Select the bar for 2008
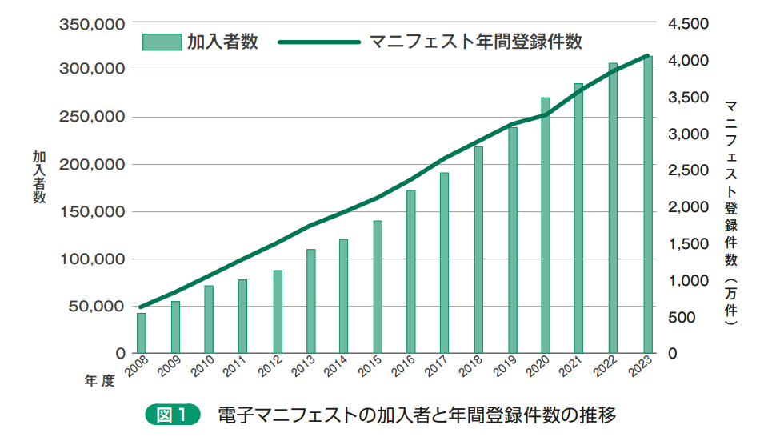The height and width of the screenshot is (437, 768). tap(141, 333)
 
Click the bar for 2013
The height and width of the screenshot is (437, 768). tap(311, 301)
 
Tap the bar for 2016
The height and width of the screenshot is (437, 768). tap(411, 272)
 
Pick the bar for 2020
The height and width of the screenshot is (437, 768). tap(546, 226)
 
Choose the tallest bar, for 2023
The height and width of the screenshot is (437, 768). tap(648, 205)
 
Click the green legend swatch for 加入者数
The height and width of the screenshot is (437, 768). tap(162, 42)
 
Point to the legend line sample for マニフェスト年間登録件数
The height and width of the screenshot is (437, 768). tap(319, 42)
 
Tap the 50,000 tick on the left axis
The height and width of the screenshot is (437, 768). tap(97, 307)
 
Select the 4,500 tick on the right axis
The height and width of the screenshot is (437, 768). tap(688, 23)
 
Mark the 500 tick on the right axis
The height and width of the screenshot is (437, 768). tap(682, 317)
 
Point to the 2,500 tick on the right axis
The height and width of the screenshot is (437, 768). tap(688, 170)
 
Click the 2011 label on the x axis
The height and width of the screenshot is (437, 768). tap(234, 367)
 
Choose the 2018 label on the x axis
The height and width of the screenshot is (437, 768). tap(470, 367)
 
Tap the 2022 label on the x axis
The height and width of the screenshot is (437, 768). tap(606, 367)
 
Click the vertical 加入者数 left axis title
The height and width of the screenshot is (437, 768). tap(39, 177)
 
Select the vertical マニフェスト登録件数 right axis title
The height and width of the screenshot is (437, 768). tap(730, 213)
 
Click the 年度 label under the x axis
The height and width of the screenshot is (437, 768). tap(99, 381)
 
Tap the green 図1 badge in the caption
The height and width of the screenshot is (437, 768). tap(173, 415)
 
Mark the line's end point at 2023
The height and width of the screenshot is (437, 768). tap(647, 56)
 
